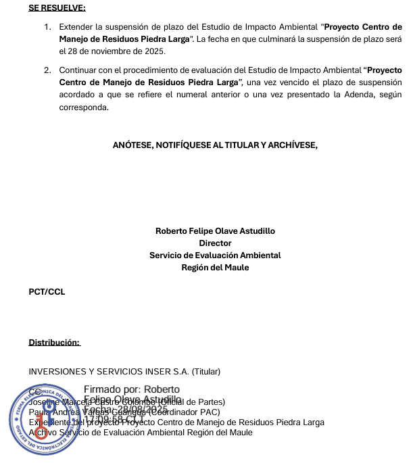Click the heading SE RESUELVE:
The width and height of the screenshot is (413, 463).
coord(57,8)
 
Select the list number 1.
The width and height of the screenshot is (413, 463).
coord(47,27)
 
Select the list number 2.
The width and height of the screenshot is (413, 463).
coord(47,70)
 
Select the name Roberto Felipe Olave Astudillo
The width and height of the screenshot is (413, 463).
coord(215,230)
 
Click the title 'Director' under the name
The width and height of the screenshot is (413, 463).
coord(215,243)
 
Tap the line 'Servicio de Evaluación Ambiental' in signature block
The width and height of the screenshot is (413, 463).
coord(215,255)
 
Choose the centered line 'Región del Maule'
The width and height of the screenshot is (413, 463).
coord(215,267)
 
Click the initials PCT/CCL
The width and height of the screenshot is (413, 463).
coord(47,292)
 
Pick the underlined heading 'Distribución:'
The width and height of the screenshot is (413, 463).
coord(54,343)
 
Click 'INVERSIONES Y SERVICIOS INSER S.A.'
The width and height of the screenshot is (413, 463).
coord(109,372)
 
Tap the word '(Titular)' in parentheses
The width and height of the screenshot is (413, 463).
coord(206,372)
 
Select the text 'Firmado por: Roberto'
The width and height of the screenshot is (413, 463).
coord(132,389)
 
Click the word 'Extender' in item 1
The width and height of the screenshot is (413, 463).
coord(76,27)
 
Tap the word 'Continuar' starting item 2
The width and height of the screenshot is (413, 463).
coord(78,70)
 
